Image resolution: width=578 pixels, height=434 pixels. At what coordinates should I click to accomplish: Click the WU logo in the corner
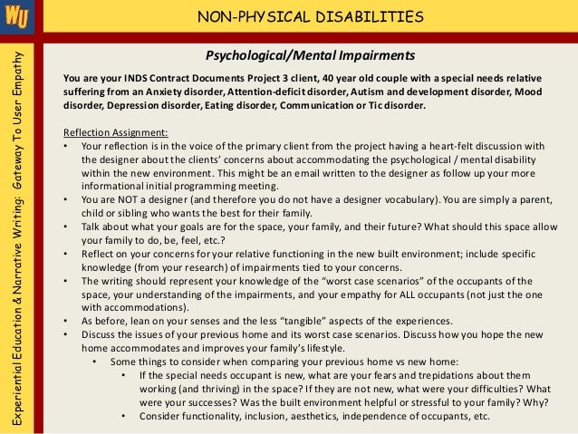pyautogui.click(x=16, y=16)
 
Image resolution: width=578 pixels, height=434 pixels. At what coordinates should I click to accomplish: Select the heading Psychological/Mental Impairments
pyautogui.click(x=310, y=54)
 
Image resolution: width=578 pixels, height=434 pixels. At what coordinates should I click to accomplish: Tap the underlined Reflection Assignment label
pyautogui.click(x=109, y=130)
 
